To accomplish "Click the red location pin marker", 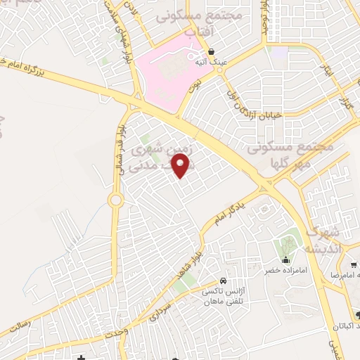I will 182,165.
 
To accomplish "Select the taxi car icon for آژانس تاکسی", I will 223,279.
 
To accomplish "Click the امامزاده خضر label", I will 283,269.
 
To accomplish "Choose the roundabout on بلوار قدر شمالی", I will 115,200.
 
